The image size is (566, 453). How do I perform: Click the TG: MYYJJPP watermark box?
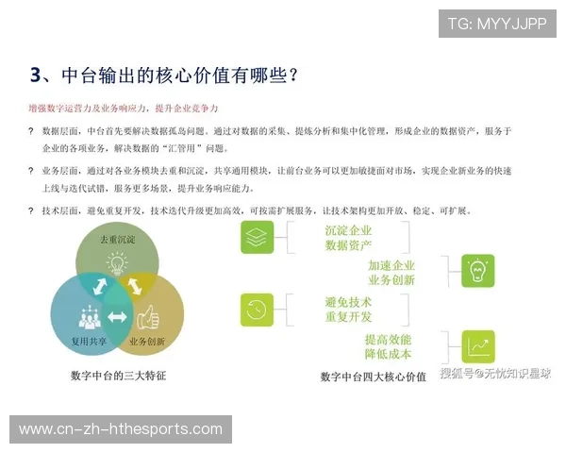click(x=497, y=23)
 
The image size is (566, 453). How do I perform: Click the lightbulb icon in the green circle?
click(x=117, y=263)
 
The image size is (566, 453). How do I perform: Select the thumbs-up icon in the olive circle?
click(x=149, y=315)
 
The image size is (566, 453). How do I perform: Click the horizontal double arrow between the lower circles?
click(x=117, y=316)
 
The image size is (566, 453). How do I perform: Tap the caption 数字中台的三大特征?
click(x=117, y=375)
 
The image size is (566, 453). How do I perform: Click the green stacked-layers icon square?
click(x=257, y=237)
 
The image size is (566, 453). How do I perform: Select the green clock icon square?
click(x=257, y=310)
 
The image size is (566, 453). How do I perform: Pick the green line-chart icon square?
click(x=478, y=345)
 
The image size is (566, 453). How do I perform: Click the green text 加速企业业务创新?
click(x=391, y=273)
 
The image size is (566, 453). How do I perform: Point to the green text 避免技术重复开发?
click(x=348, y=309)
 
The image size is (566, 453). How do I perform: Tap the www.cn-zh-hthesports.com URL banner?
click(x=121, y=429)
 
